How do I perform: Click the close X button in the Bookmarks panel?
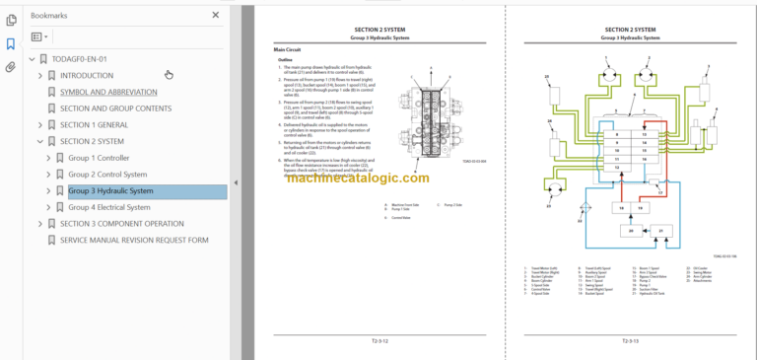pos(216,16)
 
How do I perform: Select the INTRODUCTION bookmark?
pos(86,75)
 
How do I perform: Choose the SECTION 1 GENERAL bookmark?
pos(94,125)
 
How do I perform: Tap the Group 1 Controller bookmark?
pos(99,158)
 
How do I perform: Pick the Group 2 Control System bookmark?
pos(107,175)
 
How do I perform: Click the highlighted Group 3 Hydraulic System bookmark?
pos(110,191)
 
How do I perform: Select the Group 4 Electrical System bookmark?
pos(108,207)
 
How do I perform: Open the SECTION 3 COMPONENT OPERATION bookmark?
pos(121,224)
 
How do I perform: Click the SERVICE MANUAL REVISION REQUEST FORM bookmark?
pos(134,240)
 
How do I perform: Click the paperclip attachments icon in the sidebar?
pos(11,68)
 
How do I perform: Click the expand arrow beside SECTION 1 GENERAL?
pos(39,125)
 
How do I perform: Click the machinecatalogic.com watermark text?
pos(360,179)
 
